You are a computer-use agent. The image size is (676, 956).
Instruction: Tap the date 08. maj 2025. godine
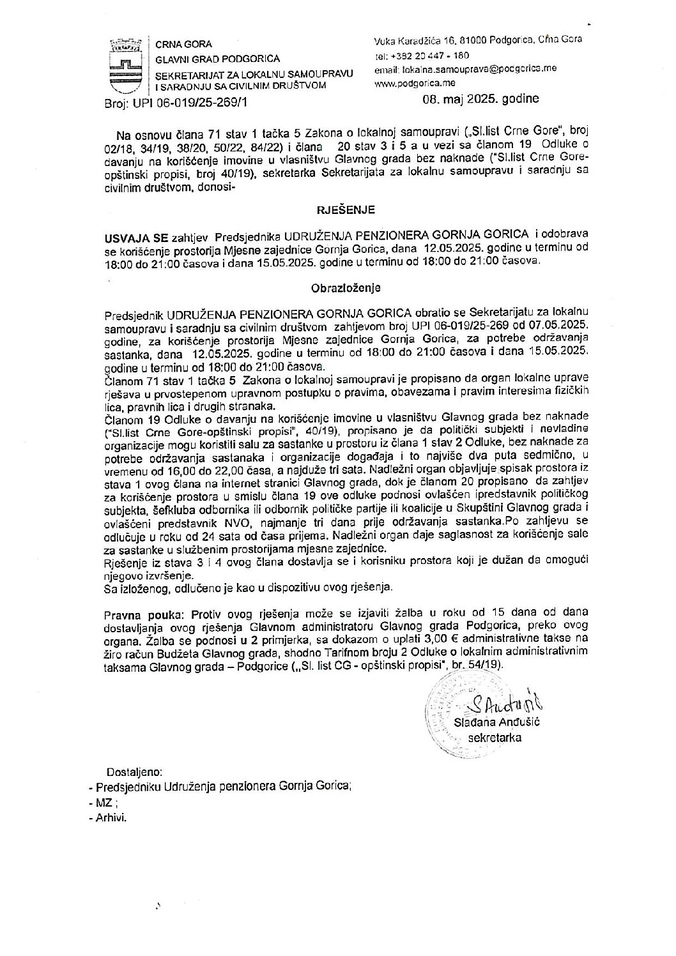click(480, 99)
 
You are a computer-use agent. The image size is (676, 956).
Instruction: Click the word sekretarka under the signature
click(495, 738)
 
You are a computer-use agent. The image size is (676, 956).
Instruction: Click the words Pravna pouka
click(136, 614)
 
